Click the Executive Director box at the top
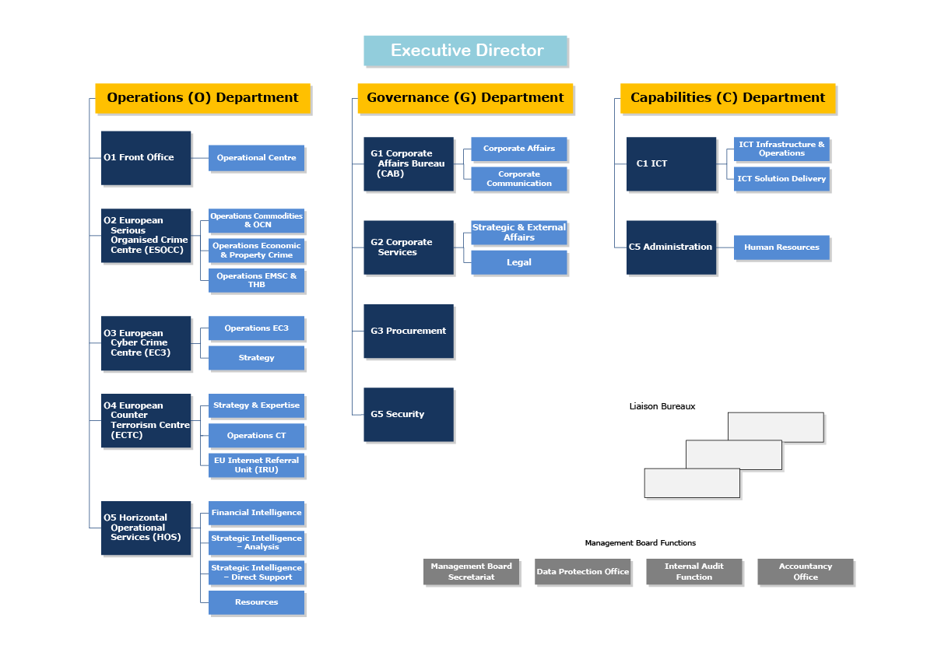coord(465,51)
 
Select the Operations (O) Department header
coord(202,98)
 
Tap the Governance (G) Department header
coord(465,98)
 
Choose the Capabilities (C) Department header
coord(728,98)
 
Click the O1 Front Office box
coord(146,157)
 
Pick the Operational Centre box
coord(256,158)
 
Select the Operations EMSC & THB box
coord(256,280)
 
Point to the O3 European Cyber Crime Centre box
coord(146,342)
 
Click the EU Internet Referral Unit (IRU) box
coord(256,465)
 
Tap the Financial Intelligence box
coord(256,513)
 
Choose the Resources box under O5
coord(256,602)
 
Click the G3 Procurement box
coord(408,331)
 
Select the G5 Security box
coord(408,414)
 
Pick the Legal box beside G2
coord(519,263)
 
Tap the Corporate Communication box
coord(519,179)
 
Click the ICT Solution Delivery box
coord(781,179)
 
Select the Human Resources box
coord(781,247)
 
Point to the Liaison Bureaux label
coord(662,406)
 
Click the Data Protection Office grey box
coord(582,572)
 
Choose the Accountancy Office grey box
coord(806,572)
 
